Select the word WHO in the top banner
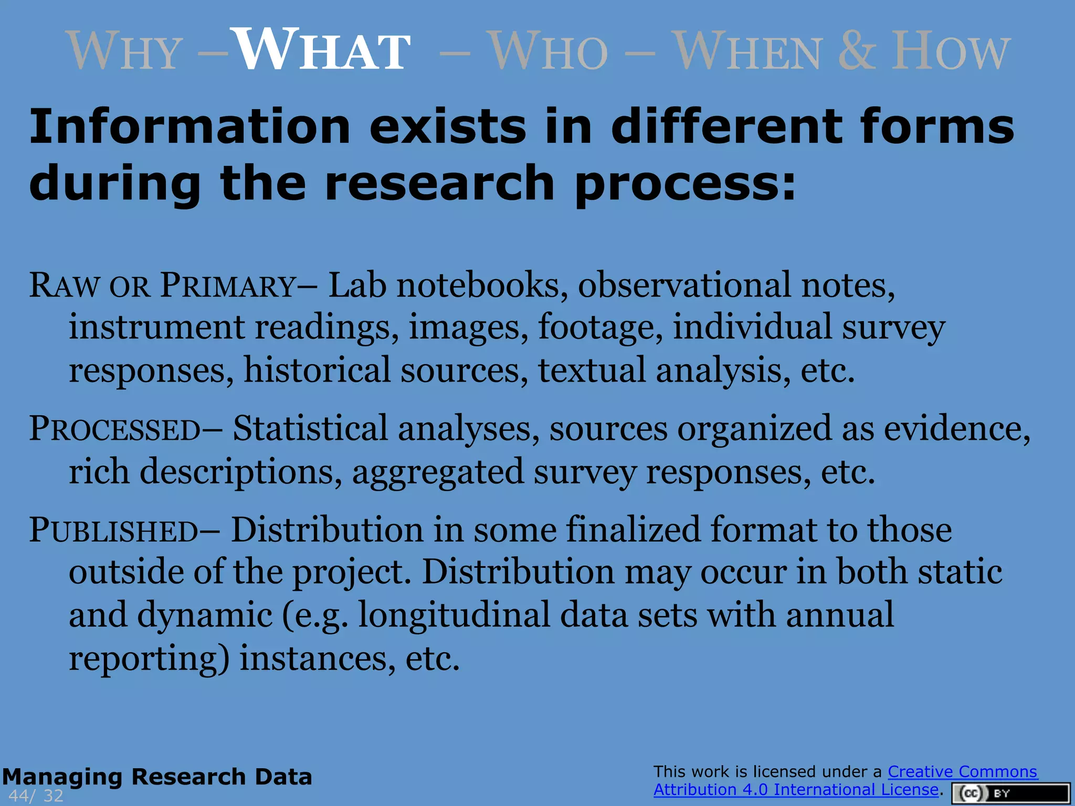pyautogui.click(x=548, y=51)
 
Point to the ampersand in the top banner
pyautogui.click(x=857, y=50)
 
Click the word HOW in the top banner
pyautogui.click(x=950, y=51)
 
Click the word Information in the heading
pyautogui.click(x=189, y=127)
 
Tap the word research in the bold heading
pyautogui.click(x=439, y=184)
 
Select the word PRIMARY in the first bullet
pyautogui.click(x=228, y=286)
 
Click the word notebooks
pyautogui.click(x=482, y=286)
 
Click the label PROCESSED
pyautogui.click(x=114, y=429)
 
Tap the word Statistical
pyautogui.click(x=310, y=429)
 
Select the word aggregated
pyautogui.click(x=437, y=472)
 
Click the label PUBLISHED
pyautogui.click(x=113, y=531)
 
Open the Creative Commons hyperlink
pyautogui.click(x=962, y=772)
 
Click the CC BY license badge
pyautogui.click(x=1010, y=793)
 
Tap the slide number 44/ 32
pyautogui.click(x=36, y=796)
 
